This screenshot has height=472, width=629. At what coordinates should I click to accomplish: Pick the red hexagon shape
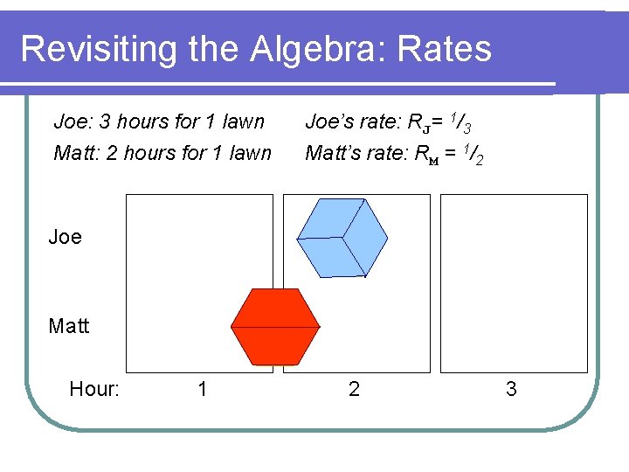(275, 326)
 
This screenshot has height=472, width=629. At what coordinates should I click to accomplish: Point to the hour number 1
(203, 389)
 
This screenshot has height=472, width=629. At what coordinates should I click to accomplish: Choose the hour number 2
(354, 389)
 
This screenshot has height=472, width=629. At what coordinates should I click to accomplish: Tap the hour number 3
(511, 389)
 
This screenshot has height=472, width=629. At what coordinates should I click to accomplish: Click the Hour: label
(94, 389)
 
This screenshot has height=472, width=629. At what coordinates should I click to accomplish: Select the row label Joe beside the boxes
(66, 237)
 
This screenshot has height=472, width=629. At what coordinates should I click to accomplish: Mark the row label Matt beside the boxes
(69, 326)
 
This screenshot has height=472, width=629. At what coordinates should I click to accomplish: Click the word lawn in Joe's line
(244, 121)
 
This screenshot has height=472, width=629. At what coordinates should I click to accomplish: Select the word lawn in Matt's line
(251, 153)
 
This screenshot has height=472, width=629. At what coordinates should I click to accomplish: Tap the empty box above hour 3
(514, 283)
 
